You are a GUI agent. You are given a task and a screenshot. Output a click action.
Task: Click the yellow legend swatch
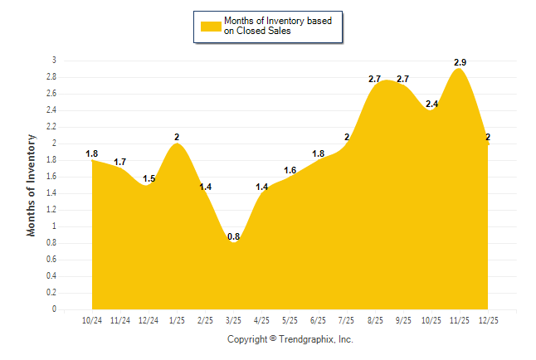click(x=210, y=27)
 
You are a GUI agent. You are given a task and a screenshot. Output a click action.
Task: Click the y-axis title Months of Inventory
click(x=32, y=185)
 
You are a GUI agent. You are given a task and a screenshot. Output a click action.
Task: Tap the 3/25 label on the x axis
click(x=233, y=319)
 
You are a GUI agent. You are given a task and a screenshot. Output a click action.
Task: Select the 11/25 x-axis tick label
click(x=459, y=319)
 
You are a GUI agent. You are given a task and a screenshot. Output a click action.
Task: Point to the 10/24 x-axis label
click(x=92, y=319)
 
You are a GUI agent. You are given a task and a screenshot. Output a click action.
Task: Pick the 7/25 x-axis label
click(x=346, y=319)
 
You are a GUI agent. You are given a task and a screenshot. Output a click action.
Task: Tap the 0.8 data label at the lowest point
click(x=233, y=236)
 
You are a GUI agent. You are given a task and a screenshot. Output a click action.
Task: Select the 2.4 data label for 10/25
click(x=431, y=104)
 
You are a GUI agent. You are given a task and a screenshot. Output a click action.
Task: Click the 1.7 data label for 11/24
click(x=120, y=162)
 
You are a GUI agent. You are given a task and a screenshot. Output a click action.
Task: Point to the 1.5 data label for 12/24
click(x=149, y=178)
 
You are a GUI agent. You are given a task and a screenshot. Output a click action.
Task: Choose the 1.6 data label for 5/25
click(x=290, y=170)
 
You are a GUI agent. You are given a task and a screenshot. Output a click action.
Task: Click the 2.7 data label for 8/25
click(x=374, y=79)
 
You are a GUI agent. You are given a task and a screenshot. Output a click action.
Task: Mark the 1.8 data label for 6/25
click(x=318, y=153)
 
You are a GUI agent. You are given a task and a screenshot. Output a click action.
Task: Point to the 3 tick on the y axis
click(x=54, y=61)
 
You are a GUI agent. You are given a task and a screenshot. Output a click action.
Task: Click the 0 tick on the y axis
click(x=54, y=309)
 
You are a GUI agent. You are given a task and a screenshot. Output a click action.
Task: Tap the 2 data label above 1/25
click(x=177, y=137)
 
